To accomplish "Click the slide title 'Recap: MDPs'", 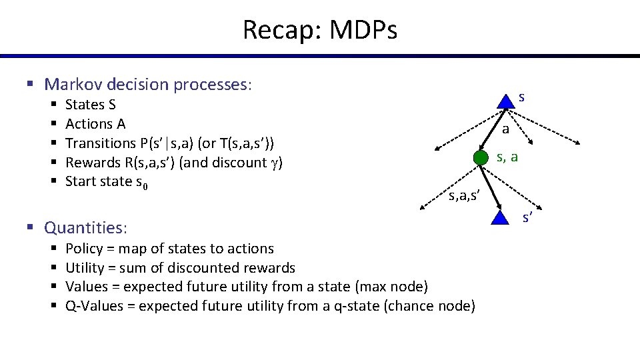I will click(319, 30).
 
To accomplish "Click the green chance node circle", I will click(480, 158).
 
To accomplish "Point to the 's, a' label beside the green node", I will click(507, 157).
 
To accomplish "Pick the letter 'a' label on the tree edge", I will click(505, 129).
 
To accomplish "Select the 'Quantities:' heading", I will click(86, 228).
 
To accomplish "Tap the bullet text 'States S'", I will click(91, 105).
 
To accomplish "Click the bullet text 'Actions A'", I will click(95, 124).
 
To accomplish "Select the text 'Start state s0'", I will click(106, 182).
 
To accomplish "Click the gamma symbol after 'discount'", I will click(273, 163).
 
